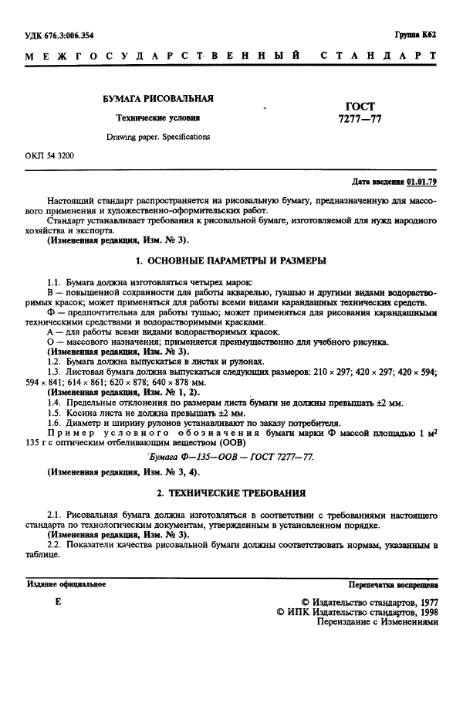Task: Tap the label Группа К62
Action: pos(416,35)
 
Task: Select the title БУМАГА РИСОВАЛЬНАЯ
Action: pos(158,99)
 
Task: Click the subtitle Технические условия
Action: pos(157,118)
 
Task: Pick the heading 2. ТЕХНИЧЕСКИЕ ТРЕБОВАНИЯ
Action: pos(231,492)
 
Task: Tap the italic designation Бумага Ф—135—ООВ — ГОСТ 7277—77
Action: pos(231,457)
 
